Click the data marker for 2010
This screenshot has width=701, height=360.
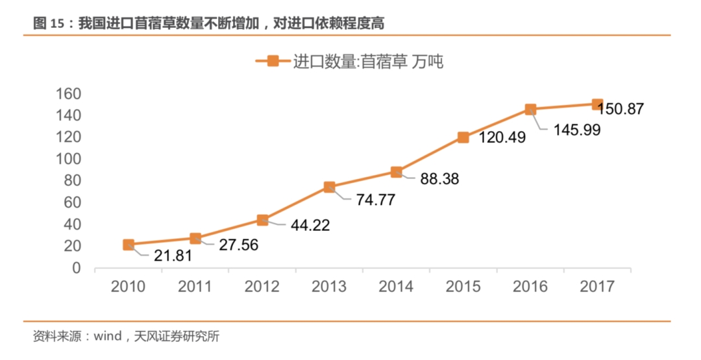click(x=129, y=245)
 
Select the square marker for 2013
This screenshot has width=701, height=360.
click(x=329, y=187)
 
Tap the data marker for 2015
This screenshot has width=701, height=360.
click(x=463, y=137)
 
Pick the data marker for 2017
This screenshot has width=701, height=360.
click(x=597, y=104)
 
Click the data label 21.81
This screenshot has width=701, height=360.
click(x=173, y=256)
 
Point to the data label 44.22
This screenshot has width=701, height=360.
click(x=310, y=226)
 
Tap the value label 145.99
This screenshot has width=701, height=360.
click(x=576, y=130)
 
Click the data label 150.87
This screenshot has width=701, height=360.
click(x=621, y=109)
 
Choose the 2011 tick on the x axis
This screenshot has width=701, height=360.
click(x=195, y=287)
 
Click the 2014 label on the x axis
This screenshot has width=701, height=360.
click(x=396, y=287)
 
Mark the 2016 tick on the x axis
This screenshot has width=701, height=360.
click(x=530, y=287)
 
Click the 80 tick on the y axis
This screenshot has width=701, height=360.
click(x=73, y=181)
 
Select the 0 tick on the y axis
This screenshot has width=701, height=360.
click(x=77, y=268)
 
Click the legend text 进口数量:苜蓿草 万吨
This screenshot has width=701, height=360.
click(x=368, y=62)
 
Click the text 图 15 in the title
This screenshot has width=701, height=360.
click(x=49, y=24)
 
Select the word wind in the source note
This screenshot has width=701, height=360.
click(x=108, y=337)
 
